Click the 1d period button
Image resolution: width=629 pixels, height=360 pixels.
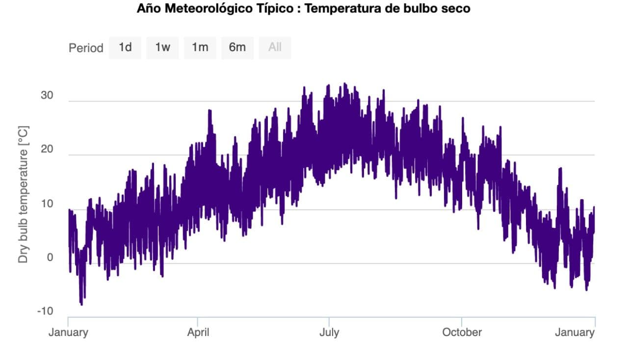(x=125, y=48)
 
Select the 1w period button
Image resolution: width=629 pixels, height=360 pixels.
(x=162, y=48)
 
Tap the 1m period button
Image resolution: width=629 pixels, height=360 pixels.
(x=200, y=48)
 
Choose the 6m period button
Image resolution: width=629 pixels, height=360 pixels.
(x=237, y=48)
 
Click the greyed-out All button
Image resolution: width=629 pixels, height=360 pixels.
(x=275, y=48)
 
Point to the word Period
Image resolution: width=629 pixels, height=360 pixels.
(x=86, y=48)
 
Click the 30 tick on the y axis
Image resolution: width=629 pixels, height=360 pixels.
(x=47, y=96)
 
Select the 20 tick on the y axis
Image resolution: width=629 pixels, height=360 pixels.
(x=47, y=150)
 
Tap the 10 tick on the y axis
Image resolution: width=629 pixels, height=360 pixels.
(x=47, y=204)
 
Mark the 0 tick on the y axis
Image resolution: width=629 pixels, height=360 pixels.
(x=50, y=257)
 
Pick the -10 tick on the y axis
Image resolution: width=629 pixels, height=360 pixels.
(x=45, y=311)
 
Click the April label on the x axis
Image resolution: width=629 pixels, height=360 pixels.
(x=198, y=333)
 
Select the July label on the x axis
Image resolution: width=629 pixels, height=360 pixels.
(x=329, y=333)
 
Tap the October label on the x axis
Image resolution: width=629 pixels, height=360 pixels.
(x=462, y=333)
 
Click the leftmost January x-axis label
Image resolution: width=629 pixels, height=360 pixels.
(x=68, y=333)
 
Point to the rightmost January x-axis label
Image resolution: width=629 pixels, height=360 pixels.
(x=575, y=333)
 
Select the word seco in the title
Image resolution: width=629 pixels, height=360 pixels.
(x=457, y=9)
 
